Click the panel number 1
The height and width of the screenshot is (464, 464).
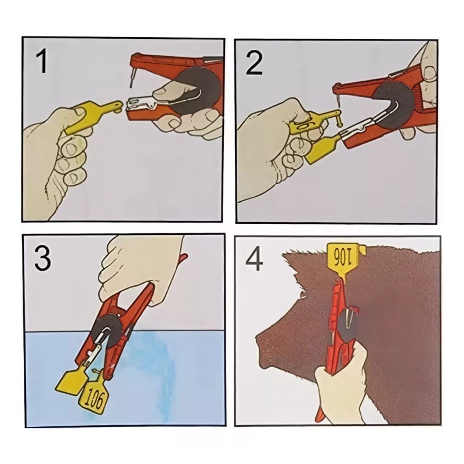[42, 61]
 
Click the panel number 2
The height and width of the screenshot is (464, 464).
[254, 63]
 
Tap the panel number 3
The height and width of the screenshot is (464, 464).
[42, 258]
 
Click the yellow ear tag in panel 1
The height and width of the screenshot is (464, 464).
[89, 117]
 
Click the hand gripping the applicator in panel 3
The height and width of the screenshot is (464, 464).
[142, 267]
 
